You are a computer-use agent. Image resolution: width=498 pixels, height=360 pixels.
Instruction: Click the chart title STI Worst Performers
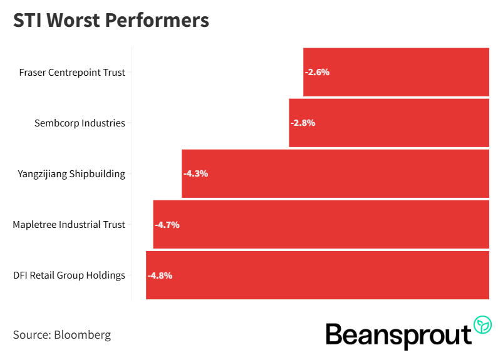[111, 20]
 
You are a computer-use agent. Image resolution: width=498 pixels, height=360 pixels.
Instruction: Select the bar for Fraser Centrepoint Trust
[396, 72]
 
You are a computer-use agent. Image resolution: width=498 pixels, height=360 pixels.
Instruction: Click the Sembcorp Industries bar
[388, 123]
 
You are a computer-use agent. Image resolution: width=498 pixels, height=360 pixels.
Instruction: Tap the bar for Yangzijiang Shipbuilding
[335, 173]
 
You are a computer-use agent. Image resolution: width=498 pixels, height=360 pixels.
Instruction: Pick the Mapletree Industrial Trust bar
[321, 224]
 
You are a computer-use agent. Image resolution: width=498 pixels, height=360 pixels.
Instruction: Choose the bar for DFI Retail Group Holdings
[317, 275]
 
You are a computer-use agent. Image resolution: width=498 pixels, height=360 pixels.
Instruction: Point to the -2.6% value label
[317, 72]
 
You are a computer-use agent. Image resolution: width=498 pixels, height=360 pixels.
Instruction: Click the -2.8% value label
[303, 123]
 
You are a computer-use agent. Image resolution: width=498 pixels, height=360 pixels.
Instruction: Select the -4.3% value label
[195, 173]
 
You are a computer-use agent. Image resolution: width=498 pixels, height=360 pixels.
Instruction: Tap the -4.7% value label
[167, 224]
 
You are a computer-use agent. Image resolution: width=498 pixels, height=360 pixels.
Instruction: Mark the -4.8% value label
[160, 275]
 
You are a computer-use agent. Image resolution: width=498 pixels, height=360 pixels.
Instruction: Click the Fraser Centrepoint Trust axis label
[72, 73]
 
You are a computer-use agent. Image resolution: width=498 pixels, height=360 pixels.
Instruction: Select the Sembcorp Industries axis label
[80, 123]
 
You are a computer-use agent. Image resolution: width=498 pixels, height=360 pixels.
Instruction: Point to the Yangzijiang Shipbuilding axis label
[71, 174]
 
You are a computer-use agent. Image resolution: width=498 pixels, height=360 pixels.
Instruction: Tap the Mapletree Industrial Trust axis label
[69, 225]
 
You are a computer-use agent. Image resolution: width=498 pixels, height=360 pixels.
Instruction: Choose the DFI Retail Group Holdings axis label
[69, 275]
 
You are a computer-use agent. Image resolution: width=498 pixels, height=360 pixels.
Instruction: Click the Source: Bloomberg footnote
[62, 335]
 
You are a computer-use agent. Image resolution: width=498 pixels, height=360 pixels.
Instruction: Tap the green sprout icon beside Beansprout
[482, 324]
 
